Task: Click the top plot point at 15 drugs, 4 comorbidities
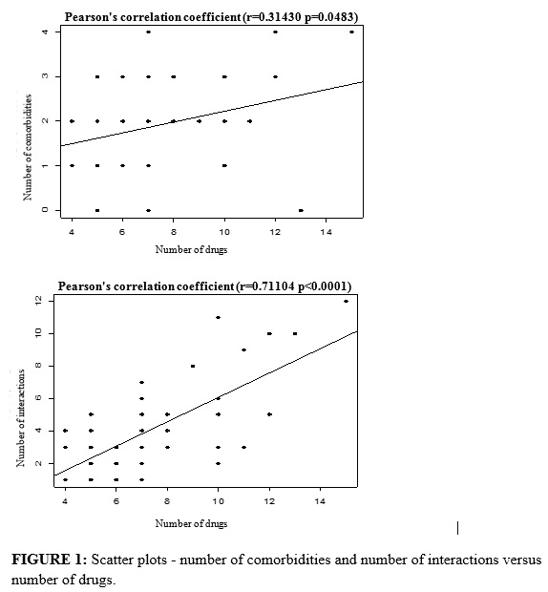[351, 32]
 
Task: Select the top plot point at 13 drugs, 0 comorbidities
[301, 210]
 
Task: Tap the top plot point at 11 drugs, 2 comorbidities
[250, 121]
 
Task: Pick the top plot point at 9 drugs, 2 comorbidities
[199, 121]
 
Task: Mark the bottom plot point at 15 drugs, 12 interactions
[346, 302]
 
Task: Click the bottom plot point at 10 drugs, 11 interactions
[218, 318]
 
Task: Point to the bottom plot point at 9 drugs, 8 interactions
[193, 367]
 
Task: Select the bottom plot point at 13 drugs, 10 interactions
[295, 334]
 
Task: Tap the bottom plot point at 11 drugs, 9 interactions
[243, 350]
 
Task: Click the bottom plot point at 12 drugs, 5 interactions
[269, 414]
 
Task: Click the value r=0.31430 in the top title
[274, 17]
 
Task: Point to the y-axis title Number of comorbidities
[27, 148]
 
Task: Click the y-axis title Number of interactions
[20, 418]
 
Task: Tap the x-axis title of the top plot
[191, 249]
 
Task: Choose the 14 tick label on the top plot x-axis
[327, 232]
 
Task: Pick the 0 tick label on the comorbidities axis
[45, 210]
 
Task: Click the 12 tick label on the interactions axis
[39, 301]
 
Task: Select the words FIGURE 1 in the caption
[47, 560]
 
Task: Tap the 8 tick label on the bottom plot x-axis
[167, 501]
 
